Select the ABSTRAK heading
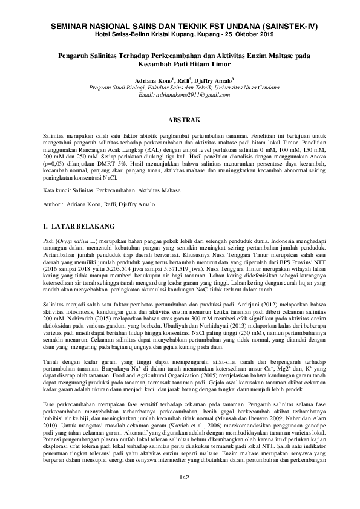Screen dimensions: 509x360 click(180, 120)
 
